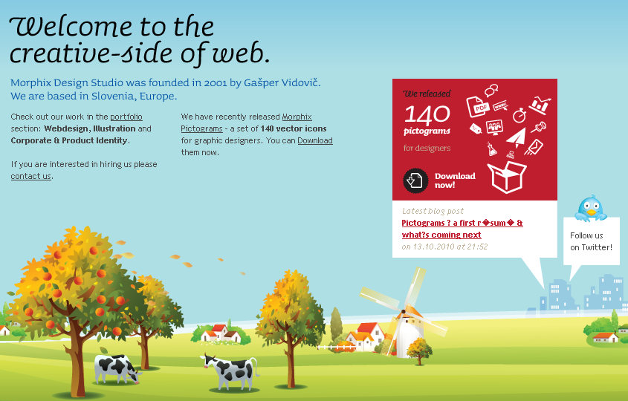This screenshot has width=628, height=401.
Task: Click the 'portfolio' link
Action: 126,117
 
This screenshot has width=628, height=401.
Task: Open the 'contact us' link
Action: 30,176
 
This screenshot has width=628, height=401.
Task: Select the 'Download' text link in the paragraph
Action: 315,140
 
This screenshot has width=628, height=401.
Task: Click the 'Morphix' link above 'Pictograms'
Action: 297,117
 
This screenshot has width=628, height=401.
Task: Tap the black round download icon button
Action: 415,180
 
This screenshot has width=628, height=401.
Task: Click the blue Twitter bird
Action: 591,208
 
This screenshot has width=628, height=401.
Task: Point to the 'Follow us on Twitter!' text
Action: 591,241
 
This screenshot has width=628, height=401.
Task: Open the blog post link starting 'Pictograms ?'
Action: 462,229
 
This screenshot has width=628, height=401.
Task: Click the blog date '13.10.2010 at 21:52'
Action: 450,247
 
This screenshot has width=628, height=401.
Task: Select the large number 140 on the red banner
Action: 427,114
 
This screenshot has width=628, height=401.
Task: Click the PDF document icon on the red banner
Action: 478,106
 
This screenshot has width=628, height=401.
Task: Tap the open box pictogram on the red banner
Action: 507,177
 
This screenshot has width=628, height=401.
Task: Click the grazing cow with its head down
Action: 117,369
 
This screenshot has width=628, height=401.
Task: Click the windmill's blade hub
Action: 404,311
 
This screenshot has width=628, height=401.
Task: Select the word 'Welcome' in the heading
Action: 71,27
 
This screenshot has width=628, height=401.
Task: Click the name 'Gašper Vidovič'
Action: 282,83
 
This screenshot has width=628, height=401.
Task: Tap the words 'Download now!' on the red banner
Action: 455,180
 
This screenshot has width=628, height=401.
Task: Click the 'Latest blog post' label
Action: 433,211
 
